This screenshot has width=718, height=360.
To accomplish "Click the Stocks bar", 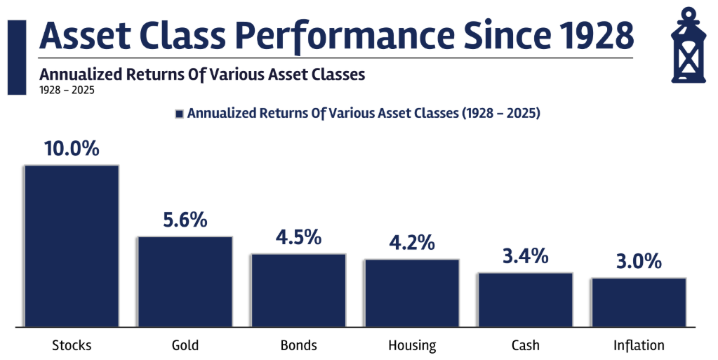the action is [72, 246].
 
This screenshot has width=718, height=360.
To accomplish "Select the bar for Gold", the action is [185, 281].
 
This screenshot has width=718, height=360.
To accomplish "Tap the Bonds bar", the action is [298, 291].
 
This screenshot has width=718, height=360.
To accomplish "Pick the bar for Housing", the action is [412, 293].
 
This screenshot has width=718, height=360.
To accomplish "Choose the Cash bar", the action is [526, 300].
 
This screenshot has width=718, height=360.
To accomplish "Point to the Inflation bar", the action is [639, 302].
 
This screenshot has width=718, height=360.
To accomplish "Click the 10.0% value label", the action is [72, 148].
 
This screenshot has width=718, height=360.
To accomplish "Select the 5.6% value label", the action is [185, 220].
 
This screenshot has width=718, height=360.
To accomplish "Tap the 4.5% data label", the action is [298, 237].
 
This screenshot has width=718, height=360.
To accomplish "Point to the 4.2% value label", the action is [412, 243].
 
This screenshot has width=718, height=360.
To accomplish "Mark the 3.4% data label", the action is [526, 256].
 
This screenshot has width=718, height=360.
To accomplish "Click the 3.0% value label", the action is [639, 261].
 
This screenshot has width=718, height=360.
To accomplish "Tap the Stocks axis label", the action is [72, 345].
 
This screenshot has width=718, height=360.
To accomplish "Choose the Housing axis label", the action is [412, 345].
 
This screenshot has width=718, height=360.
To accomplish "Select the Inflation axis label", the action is [639, 345].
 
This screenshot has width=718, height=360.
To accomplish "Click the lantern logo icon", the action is [689, 45].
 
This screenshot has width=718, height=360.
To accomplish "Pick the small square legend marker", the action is [179, 114].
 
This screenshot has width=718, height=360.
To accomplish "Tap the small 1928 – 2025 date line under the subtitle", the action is [67, 90].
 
